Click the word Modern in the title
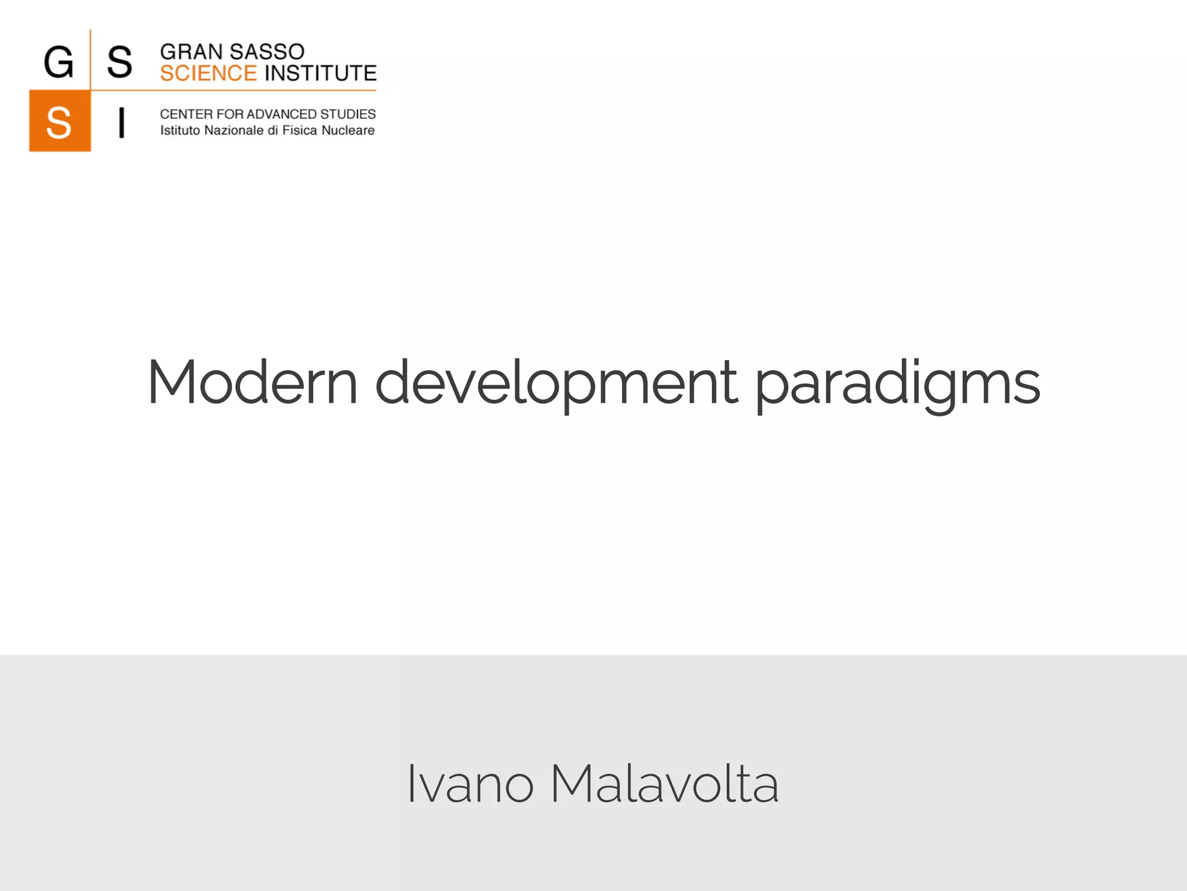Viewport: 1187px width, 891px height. coord(252,383)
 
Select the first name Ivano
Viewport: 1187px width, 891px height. coord(469,784)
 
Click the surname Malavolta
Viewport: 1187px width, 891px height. coord(664,784)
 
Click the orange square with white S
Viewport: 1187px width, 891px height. coord(60,121)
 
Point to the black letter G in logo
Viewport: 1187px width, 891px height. coord(59,62)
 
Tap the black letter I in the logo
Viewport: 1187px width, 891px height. coord(121,122)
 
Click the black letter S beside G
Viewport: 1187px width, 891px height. coord(119,62)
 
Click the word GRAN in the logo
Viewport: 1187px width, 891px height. coord(191,52)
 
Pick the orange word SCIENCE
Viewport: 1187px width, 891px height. coord(208,74)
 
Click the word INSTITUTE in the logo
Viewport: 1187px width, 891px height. coord(321,74)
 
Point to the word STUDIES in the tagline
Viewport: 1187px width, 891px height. coord(348,114)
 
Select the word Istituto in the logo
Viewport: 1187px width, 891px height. coord(180,131)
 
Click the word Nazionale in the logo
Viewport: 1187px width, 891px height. coord(234,131)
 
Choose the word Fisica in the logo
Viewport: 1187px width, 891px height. coord(300,131)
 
